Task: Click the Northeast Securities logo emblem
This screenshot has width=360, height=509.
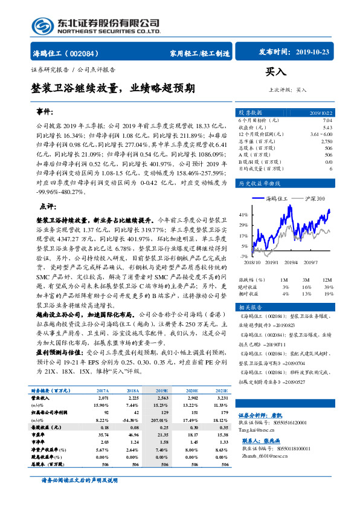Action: coord(43,26)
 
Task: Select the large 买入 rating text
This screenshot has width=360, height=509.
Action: coord(276,73)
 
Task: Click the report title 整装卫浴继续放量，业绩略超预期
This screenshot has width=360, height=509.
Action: coord(113,88)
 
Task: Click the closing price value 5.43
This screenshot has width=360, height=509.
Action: coord(327,128)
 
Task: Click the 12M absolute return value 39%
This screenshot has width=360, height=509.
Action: coord(328,287)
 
